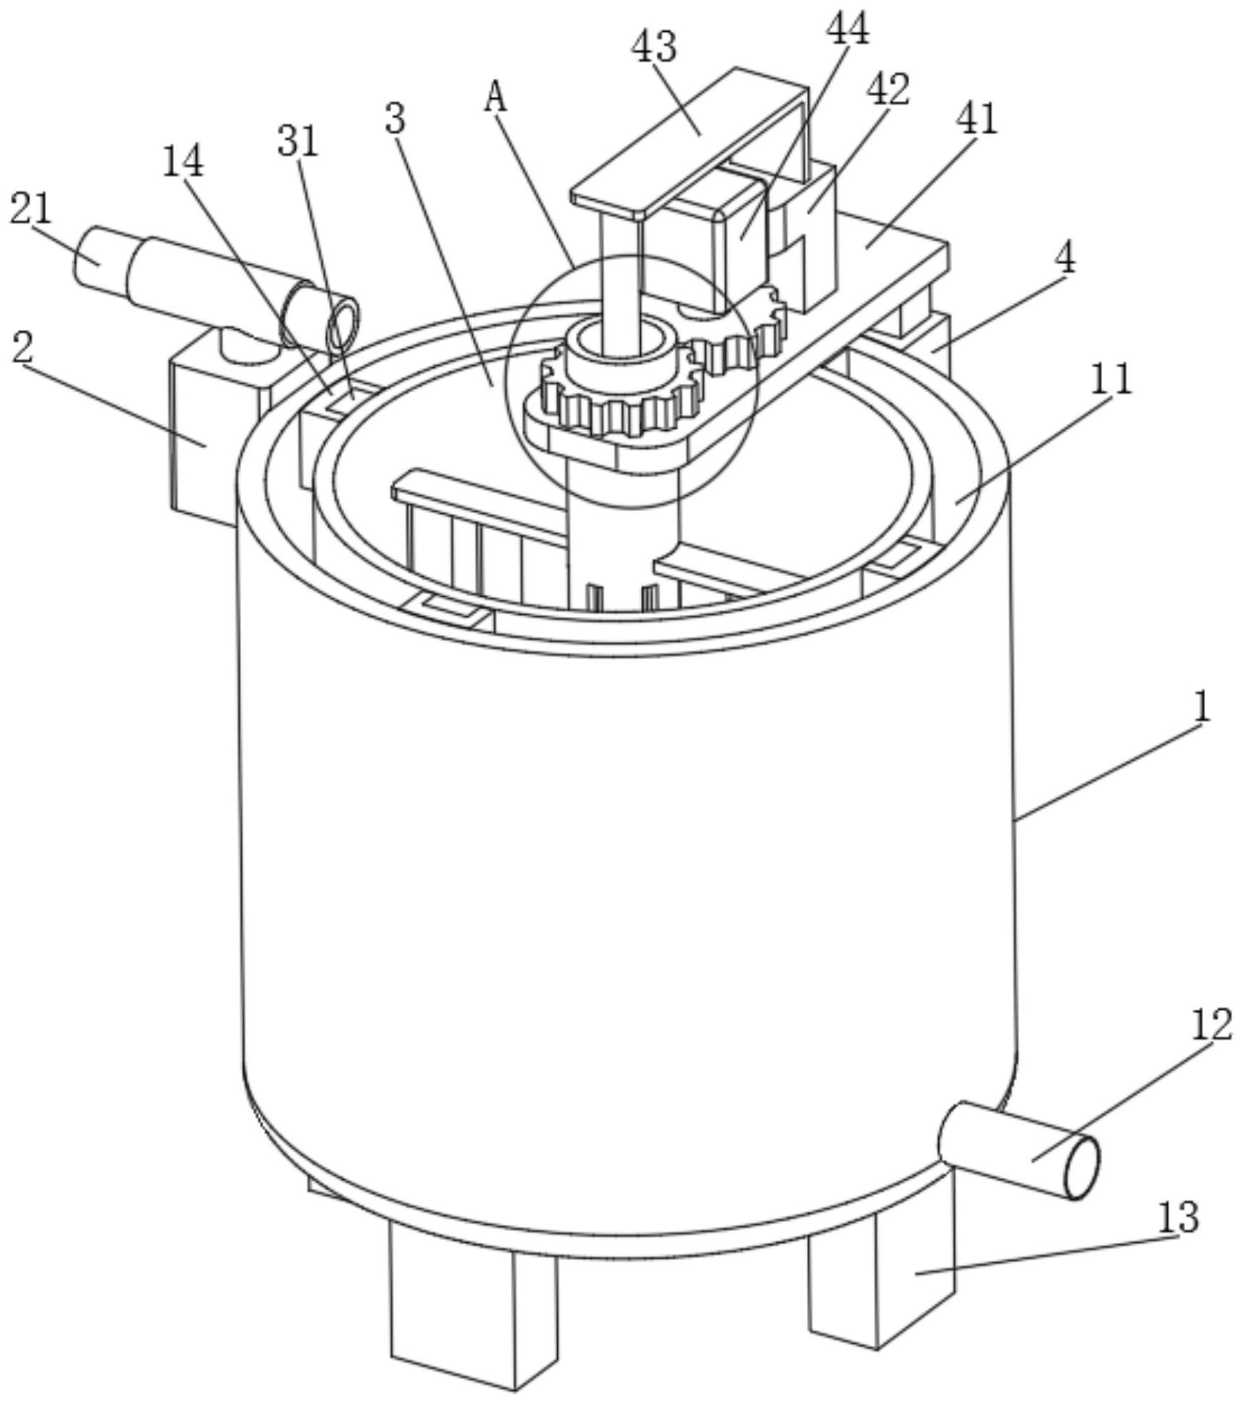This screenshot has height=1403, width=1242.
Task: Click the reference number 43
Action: tap(655, 48)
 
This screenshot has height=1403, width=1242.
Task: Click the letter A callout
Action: tap(496, 97)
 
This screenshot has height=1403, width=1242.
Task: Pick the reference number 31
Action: tap(298, 141)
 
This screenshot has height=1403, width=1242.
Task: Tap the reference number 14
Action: tap(183, 162)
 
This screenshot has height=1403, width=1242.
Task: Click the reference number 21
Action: tap(31, 209)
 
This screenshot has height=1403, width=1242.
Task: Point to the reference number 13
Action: tap(1178, 1218)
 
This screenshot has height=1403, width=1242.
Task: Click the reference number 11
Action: tap(1111, 379)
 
